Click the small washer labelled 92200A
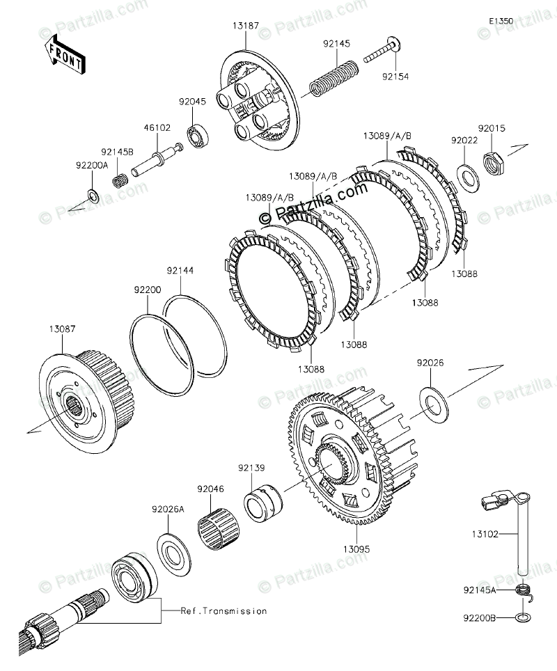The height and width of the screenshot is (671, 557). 93,194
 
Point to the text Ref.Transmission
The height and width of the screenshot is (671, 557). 223,611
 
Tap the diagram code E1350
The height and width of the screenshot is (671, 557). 501,22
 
